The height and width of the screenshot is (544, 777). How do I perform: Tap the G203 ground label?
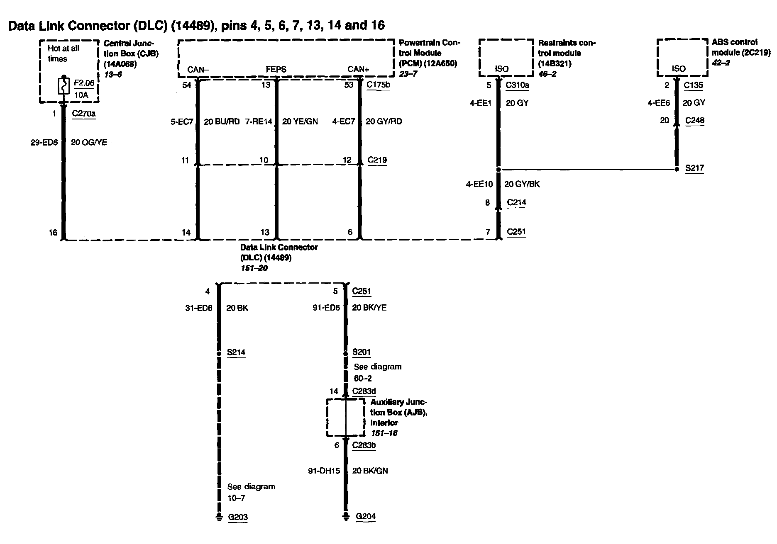click(x=238, y=517)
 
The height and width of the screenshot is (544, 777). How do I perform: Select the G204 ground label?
click(x=366, y=516)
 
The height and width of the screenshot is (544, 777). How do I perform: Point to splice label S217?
click(x=694, y=168)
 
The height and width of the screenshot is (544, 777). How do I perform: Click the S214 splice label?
click(x=236, y=352)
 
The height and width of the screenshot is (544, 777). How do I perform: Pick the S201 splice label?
click(x=361, y=352)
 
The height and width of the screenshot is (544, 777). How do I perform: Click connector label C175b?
click(x=378, y=85)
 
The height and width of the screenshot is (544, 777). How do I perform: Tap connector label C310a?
click(x=517, y=85)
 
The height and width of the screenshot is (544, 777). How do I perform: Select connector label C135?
click(x=693, y=85)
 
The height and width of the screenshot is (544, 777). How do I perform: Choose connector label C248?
click(x=694, y=120)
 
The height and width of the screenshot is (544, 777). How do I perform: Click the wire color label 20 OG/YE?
click(x=89, y=142)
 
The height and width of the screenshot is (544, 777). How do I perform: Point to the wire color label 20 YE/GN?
click(x=300, y=121)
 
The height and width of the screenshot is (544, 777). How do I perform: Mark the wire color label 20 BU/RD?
click(x=222, y=121)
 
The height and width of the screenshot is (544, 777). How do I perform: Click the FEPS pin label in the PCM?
click(x=276, y=69)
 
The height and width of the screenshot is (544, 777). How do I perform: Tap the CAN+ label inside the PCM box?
click(x=358, y=69)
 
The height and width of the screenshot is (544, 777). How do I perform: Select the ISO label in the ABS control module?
click(x=679, y=69)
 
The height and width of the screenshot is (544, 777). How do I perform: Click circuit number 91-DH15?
click(x=324, y=471)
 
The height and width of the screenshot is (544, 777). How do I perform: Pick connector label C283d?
click(x=364, y=391)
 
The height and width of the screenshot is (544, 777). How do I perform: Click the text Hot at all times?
click(x=63, y=53)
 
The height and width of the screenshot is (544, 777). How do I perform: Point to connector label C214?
click(x=516, y=202)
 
